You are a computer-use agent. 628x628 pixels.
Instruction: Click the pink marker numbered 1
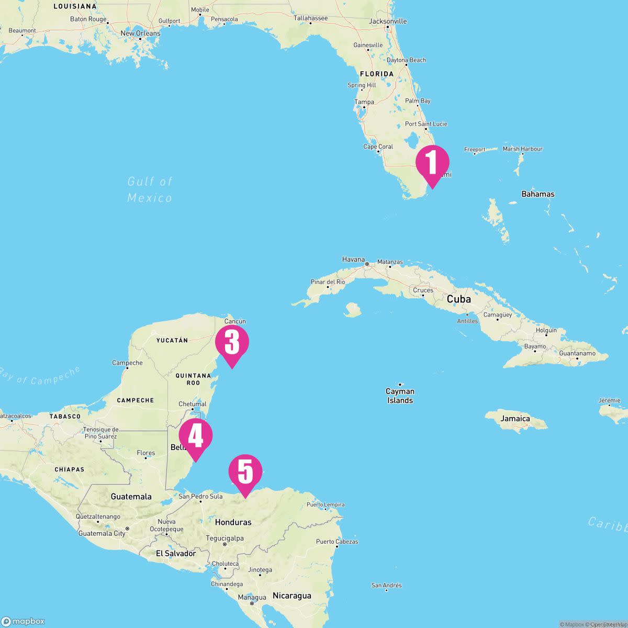tap(432, 163)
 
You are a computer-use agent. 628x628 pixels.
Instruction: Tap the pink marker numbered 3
tap(232, 343)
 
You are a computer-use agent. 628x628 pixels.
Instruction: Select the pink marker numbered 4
tap(195, 436)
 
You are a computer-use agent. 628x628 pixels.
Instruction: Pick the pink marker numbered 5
tap(245, 472)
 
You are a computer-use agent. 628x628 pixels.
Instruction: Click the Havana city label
tap(353, 259)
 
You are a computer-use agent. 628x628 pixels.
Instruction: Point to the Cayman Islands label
tap(400, 396)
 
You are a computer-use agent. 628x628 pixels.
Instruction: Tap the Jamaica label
tap(515, 419)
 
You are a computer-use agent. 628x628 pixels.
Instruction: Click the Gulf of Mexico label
tap(150, 189)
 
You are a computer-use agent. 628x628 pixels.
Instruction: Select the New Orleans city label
tap(140, 33)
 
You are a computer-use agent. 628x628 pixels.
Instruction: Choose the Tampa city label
tap(364, 102)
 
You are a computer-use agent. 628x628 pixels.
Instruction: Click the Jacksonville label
tap(388, 21)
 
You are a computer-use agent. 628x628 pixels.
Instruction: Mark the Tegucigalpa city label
tap(225, 538)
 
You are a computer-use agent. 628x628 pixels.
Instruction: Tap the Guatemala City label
tap(102, 533)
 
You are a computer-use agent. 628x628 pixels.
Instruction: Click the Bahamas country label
tap(537, 194)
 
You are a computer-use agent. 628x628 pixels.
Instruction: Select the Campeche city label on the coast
tap(127, 363)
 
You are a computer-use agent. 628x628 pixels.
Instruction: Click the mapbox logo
tap(23, 621)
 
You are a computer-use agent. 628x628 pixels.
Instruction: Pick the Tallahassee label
tap(310, 18)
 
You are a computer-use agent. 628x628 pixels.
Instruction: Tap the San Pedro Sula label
tap(200, 496)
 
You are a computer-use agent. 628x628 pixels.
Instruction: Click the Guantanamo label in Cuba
tap(577, 353)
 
